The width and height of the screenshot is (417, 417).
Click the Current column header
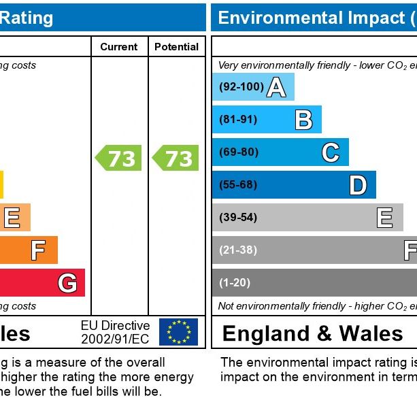(x=119, y=47)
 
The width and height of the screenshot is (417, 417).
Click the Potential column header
(x=176, y=47)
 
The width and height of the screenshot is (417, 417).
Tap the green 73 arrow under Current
(x=118, y=158)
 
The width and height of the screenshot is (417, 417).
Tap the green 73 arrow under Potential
(x=176, y=158)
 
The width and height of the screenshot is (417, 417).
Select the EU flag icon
(x=178, y=332)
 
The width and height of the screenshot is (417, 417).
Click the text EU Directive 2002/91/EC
(x=115, y=332)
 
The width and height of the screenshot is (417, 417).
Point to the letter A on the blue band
(x=276, y=88)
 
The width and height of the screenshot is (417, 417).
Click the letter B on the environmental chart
(x=303, y=120)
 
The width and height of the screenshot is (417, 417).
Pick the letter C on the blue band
(x=331, y=152)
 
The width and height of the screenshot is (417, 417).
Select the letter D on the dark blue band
(x=358, y=185)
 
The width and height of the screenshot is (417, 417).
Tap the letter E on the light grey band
(x=385, y=218)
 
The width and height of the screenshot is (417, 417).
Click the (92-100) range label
(x=241, y=87)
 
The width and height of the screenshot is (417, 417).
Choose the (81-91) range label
(x=238, y=120)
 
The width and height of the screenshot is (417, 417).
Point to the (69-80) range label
(x=239, y=152)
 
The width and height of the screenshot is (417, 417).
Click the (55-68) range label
(x=239, y=185)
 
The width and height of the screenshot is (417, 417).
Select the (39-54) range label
(x=238, y=218)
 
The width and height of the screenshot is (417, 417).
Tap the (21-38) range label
(x=238, y=250)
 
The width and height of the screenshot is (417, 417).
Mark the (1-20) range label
(x=235, y=283)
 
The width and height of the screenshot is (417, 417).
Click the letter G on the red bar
(x=67, y=283)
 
